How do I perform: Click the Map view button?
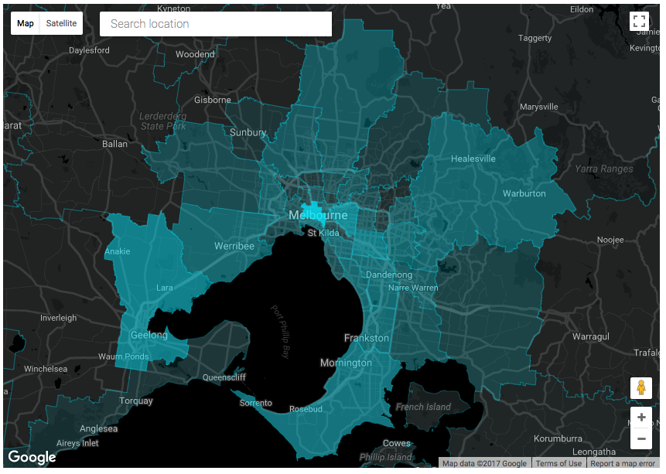click(x=26, y=23)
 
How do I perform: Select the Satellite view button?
click(x=61, y=23)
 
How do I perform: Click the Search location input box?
click(x=215, y=24)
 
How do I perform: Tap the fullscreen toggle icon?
click(x=639, y=22)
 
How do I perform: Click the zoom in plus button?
click(x=640, y=418)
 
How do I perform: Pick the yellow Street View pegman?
click(x=640, y=387)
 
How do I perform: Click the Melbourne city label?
click(x=318, y=215)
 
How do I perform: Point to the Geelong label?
click(x=149, y=335)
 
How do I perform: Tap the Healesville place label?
click(x=473, y=159)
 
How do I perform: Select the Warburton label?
click(x=524, y=193)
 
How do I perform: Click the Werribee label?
click(x=234, y=246)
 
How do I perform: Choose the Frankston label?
click(x=367, y=338)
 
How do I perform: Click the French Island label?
click(x=423, y=407)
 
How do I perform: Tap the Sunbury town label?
click(x=248, y=132)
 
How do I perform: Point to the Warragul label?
click(x=591, y=336)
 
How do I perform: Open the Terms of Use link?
click(x=558, y=464)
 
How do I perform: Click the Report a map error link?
click(x=623, y=464)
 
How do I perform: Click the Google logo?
click(x=32, y=457)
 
